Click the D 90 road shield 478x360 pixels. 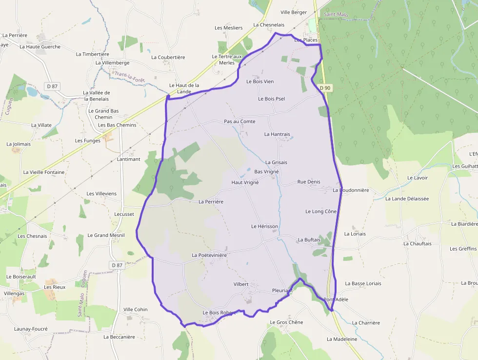(x=325, y=88)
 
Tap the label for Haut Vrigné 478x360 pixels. (x=245, y=182)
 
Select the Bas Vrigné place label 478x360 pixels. (x=267, y=171)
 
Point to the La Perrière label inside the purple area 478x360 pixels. (x=211, y=201)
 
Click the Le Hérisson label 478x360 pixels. (x=264, y=226)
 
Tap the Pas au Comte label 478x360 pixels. (x=239, y=121)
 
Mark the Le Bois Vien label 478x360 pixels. (x=260, y=82)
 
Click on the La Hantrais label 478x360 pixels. (x=277, y=134)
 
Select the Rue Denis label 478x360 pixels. (x=309, y=182)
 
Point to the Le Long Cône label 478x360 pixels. (x=321, y=212)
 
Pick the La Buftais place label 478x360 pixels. (x=309, y=240)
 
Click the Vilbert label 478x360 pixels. (x=241, y=284)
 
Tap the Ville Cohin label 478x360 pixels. (x=135, y=309)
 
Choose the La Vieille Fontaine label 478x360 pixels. (x=44, y=172)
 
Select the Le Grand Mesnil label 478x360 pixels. (x=106, y=235)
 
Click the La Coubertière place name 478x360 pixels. (x=168, y=57)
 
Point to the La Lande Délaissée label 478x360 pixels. (x=407, y=199)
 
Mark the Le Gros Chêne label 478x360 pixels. (x=286, y=322)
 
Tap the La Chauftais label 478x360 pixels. (x=417, y=243)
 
